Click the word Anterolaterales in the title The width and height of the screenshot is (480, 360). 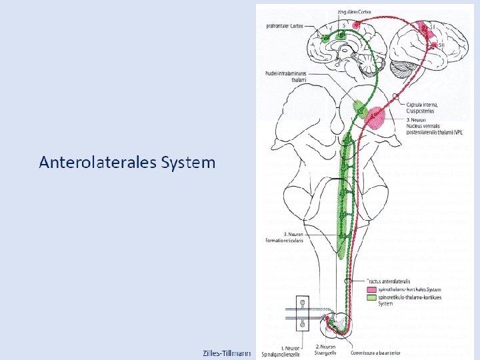[97, 162]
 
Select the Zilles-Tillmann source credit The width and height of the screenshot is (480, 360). [227, 352]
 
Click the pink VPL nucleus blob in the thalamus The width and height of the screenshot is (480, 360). [375, 117]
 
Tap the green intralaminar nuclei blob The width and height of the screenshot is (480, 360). [360, 107]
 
